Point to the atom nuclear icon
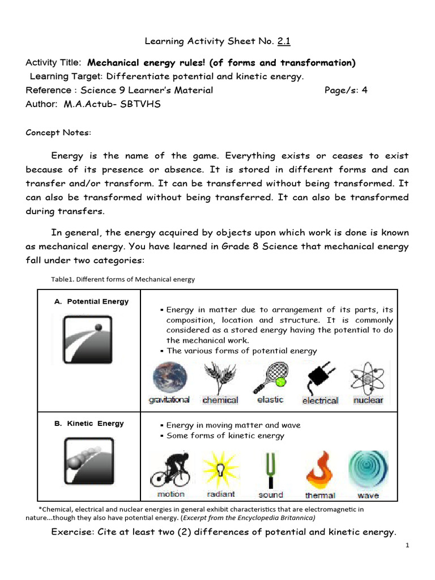click(368, 376)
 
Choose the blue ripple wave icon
click(368, 470)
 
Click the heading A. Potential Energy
click(91, 301)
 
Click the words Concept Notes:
click(58, 133)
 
